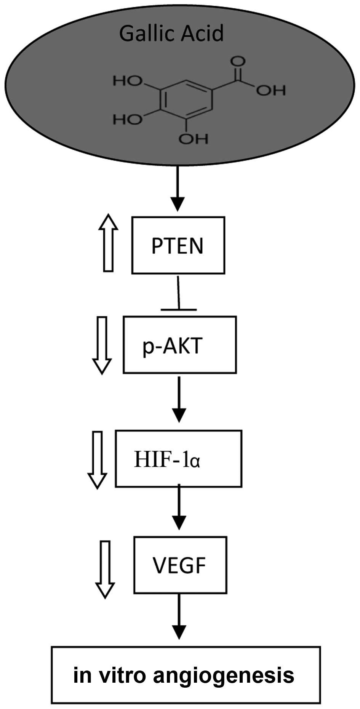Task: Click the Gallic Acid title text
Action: [171, 33]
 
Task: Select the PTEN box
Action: [178, 245]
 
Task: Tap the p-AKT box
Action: [179, 345]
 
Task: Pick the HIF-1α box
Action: [178, 459]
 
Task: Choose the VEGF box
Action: [180, 565]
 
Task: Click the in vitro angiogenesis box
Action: [186, 675]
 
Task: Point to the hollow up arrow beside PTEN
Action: [108, 243]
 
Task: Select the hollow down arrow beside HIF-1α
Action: [98, 459]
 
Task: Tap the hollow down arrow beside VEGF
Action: [105, 570]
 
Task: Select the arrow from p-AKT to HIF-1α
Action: [179, 399]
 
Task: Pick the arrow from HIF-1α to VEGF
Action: [179, 507]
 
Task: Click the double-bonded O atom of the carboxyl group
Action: [240, 61]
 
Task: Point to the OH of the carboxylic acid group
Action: [271, 90]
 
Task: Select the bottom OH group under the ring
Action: [194, 139]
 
